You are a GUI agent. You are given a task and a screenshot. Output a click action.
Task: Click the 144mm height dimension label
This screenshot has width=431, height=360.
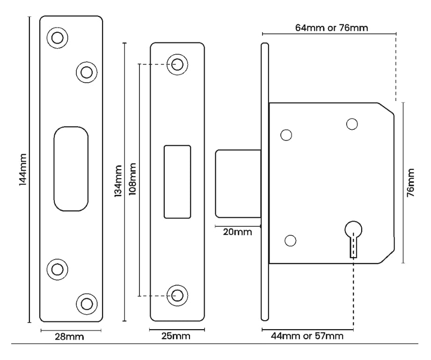[22, 171]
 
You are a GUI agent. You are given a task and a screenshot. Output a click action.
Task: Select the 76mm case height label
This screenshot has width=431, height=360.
[410, 182]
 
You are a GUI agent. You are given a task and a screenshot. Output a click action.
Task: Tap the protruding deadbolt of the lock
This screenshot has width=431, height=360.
[238, 184]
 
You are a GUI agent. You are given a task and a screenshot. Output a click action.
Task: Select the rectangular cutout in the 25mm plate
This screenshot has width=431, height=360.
[177, 182]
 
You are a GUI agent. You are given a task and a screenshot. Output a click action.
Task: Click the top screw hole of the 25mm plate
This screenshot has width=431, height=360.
[177, 64]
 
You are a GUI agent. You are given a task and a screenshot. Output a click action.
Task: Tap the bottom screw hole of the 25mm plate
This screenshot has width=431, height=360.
[177, 295]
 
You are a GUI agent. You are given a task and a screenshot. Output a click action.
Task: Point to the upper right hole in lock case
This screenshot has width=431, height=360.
[351, 123]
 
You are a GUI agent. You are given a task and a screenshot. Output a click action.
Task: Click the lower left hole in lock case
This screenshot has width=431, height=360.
[291, 240]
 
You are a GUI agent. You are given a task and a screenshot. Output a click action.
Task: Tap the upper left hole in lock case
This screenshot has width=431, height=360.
[285, 135]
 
